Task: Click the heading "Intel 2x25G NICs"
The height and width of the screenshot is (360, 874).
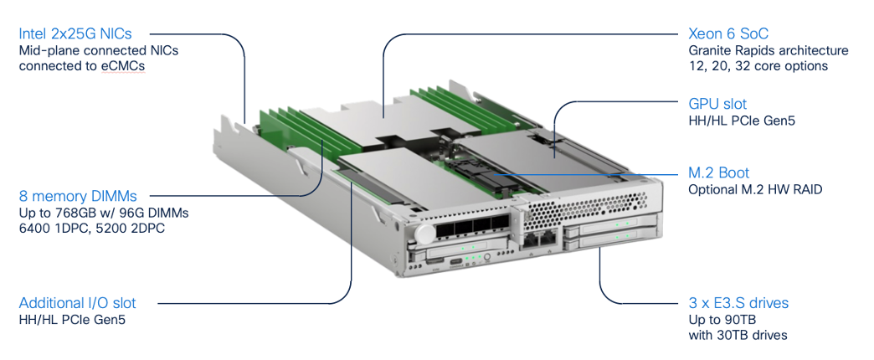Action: (x=75, y=34)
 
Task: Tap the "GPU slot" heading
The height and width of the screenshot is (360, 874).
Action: (x=717, y=104)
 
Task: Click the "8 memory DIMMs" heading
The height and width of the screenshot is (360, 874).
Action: (x=78, y=196)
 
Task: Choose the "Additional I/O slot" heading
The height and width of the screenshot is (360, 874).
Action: (x=77, y=302)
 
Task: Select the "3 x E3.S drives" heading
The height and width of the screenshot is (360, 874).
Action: (x=738, y=302)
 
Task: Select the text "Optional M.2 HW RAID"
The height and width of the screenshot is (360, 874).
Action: (x=755, y=189)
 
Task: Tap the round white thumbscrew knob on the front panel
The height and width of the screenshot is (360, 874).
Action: (x=425, y=234)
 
